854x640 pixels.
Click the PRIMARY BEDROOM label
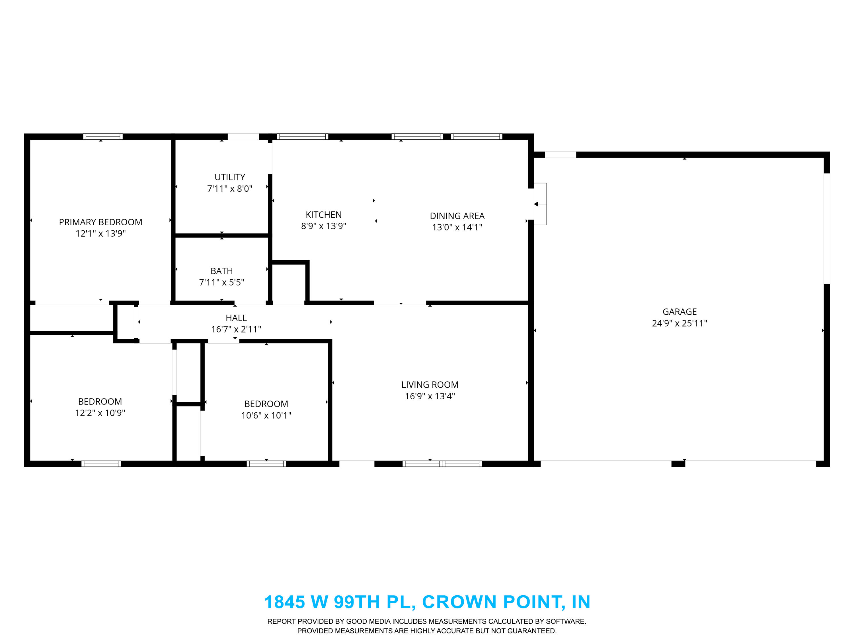pos(100,222)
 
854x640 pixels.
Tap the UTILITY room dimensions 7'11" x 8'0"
pos(230,189)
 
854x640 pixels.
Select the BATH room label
pos(221,271)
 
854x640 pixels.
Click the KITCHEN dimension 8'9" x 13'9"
pos(324,226)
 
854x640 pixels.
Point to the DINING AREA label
pos(457,216)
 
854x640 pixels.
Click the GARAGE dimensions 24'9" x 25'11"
pos(679,323)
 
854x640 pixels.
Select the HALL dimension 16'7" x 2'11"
pos(236,329)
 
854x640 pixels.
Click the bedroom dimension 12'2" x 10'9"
pos(100,413)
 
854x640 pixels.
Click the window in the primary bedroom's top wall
pos(103,137)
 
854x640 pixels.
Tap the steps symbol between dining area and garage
pos(540,204)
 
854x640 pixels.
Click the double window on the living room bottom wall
pos(442,464)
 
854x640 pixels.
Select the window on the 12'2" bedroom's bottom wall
pos(101,464)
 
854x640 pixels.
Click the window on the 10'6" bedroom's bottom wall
pos(266,464)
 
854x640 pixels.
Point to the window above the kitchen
pos(303,137)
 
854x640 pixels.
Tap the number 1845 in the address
pos(285,602)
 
